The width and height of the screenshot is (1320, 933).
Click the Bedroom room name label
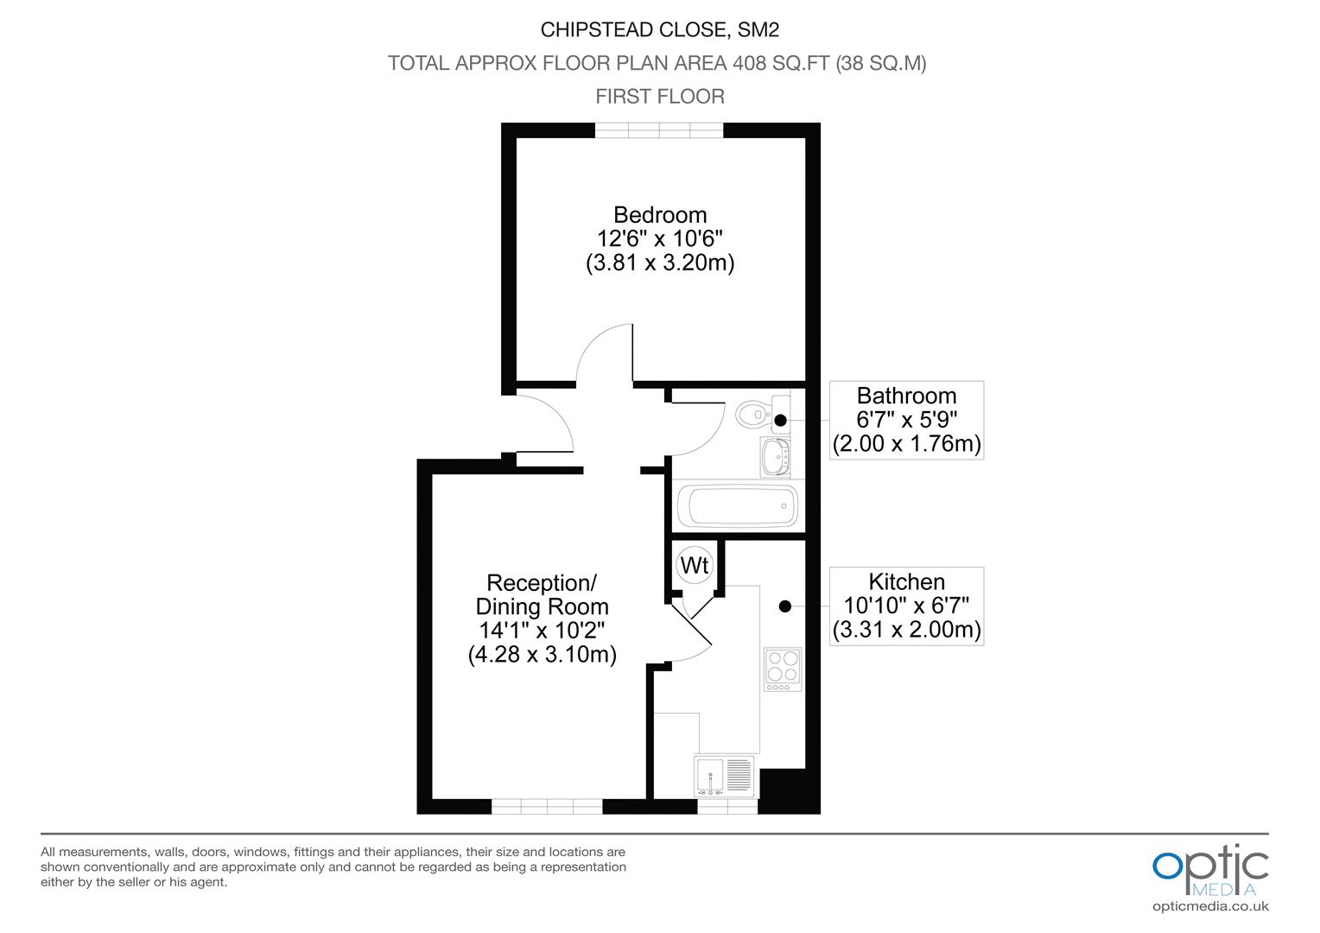click(660, 215)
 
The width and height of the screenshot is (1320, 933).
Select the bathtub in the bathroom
click(737, 506)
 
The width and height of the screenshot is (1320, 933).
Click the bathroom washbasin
click(775, 456)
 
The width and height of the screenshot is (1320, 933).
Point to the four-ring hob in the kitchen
click(783, 669)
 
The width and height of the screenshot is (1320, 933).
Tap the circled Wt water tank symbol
click(695, 565)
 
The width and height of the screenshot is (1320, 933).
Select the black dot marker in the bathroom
click(780, 420)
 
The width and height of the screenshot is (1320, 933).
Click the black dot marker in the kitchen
click(785, 606)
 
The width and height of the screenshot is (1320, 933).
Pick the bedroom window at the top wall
click(659, 130)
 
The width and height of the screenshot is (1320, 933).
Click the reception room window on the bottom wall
click(547, 806)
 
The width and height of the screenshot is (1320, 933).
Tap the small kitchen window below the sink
click(727, 806)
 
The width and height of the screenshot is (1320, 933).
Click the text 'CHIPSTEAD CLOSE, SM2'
click(660, 29)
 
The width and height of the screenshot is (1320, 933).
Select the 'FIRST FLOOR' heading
click(660, 96)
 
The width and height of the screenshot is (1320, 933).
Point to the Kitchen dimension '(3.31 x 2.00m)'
click(906, 630)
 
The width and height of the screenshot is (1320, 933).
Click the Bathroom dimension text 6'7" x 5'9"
click(906, 420)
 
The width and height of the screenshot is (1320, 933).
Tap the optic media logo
click(1210, 871)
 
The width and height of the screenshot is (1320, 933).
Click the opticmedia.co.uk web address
click(1210, 906)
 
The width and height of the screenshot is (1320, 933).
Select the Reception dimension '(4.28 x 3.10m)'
click(543, 654)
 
